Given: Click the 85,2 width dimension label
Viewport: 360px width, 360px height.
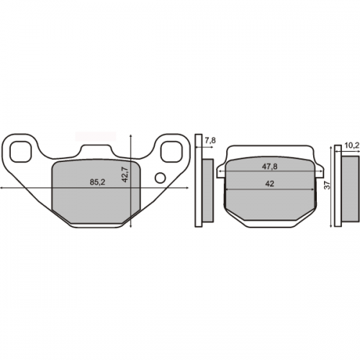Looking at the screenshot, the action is click(97, 182).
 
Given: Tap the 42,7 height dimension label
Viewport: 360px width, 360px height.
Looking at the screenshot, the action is click(125, 174).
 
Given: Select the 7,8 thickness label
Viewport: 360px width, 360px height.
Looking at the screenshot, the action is click(210, 140).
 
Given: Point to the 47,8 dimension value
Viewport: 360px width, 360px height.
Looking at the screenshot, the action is click(269, 166).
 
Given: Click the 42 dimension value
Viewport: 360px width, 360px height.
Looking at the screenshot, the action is click(270, 184).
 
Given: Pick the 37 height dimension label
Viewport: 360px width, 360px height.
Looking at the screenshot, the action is click(328, 185).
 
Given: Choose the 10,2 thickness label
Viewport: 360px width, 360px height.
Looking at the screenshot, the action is click(352, 145).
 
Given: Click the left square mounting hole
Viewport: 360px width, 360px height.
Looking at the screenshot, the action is click(21, 151).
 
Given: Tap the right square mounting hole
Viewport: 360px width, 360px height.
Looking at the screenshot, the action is click(171, 151).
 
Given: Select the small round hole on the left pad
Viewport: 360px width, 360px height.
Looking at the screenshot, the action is click(161, 178).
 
